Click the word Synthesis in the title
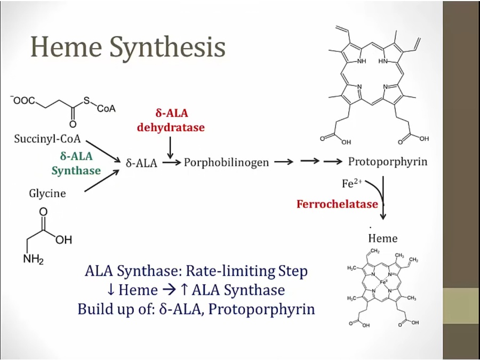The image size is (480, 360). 168,48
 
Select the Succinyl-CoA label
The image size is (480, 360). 47,140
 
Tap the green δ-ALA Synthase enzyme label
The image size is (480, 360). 76,163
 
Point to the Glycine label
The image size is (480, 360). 47,193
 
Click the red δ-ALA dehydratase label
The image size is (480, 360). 171,120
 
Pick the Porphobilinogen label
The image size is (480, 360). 226,163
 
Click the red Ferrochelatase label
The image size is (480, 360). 338,204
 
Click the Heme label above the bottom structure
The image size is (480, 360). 382,238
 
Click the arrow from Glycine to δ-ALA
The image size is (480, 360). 101,181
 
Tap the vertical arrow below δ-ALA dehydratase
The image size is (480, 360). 170,146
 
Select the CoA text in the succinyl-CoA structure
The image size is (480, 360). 106,108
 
